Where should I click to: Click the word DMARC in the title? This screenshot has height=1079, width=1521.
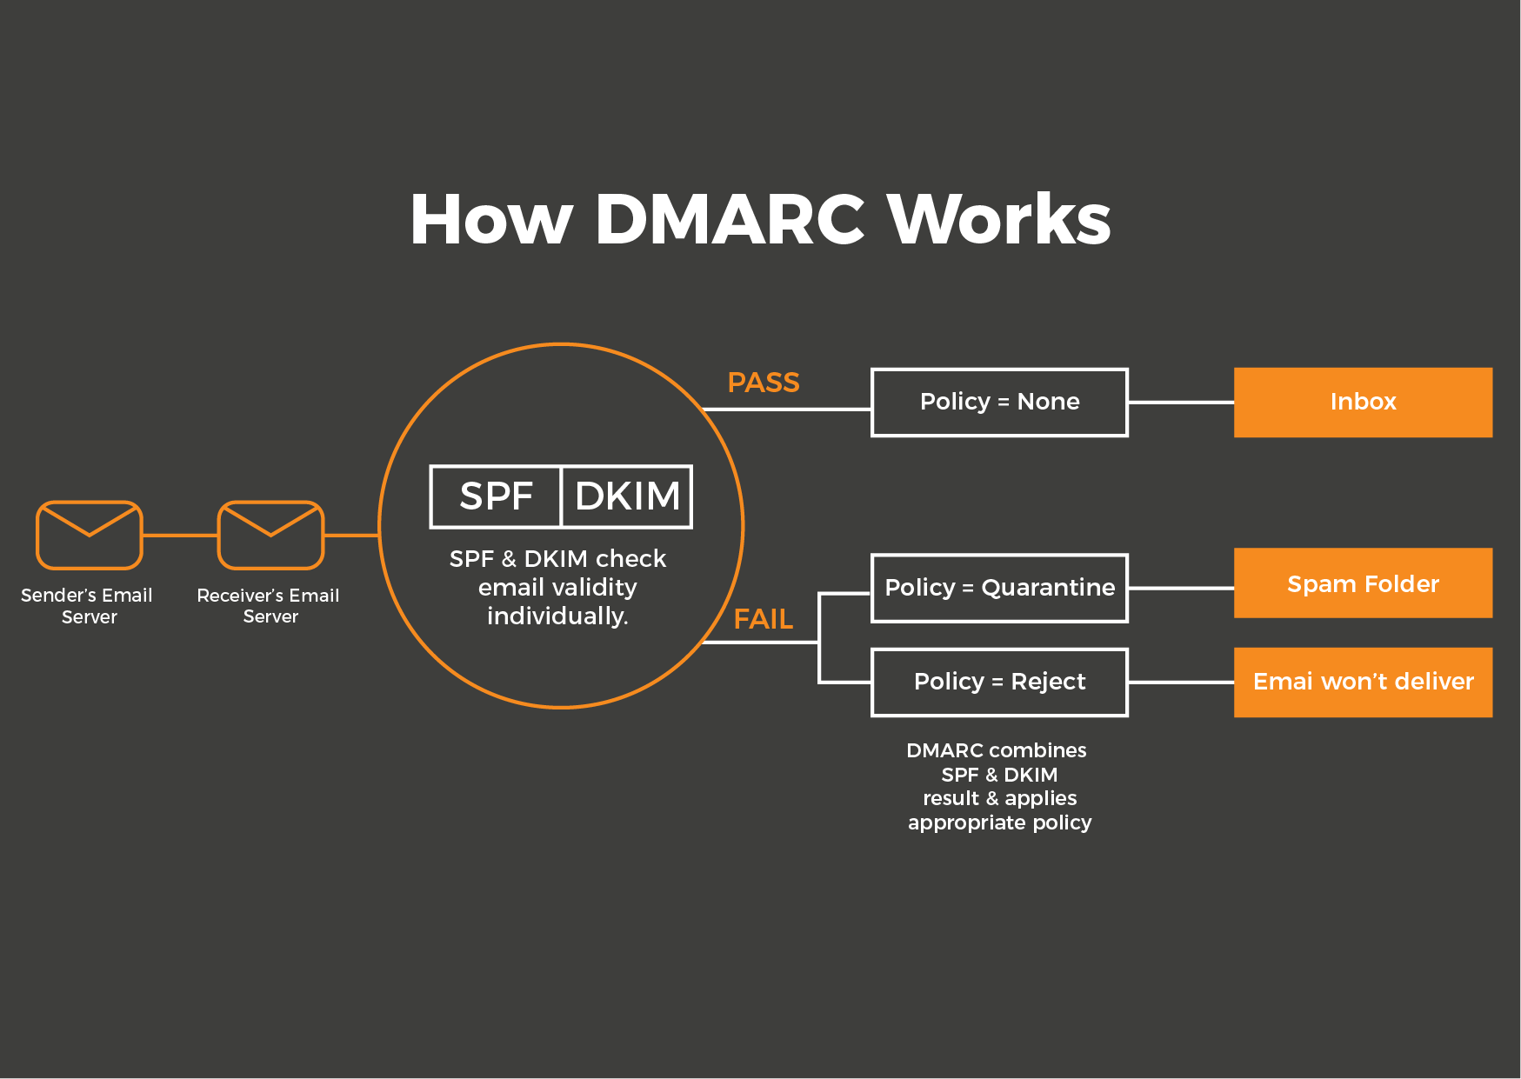tap(729, 220)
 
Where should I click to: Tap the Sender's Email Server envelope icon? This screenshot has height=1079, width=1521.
tap(89, 535)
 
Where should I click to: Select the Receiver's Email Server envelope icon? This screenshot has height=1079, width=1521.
tap(270, 535)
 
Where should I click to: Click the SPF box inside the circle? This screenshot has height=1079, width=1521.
tap(496, 496)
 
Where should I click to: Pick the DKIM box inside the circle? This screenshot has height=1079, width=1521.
tap(627, 496)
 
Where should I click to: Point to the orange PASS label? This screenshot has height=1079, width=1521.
tap(763, 383)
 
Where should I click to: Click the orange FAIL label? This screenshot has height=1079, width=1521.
tap(763, 619)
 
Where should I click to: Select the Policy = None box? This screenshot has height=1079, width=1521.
tap(999, 402)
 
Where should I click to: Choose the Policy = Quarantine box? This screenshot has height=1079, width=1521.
tap(999, 588)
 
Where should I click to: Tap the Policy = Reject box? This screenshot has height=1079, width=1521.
tap(999, 682)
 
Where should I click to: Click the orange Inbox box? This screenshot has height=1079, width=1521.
tap(1362, 402)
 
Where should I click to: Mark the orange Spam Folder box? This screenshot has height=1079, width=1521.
tap(1362, 583)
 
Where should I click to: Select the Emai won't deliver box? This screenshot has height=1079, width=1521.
tap(1362, 682)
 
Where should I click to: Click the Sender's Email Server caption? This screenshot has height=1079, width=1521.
tap(87, 606)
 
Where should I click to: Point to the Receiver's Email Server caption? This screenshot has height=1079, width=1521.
tap(269, 606)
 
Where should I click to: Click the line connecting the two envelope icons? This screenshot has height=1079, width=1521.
tap(179, 536)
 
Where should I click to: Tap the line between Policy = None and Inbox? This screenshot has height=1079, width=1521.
tap(1180, 403)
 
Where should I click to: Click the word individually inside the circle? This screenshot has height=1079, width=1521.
tap(557, 616)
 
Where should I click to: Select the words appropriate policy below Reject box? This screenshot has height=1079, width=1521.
tap(999, 823)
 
